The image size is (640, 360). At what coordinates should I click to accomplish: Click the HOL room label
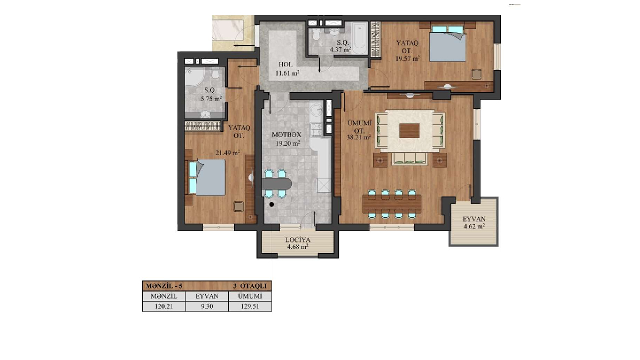pos(285,64)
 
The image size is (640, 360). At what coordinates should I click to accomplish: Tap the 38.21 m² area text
pos(359,137)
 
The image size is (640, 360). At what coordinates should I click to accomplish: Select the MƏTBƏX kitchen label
pos(286,134)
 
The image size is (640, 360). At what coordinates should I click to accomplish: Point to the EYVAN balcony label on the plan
pos(474,219)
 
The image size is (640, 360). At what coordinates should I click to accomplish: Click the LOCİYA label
pos(297,240)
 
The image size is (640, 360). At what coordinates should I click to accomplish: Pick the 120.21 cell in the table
pos(163,306)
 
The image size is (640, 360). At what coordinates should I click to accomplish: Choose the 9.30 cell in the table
pos(207,306)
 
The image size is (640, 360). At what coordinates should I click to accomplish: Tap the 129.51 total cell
pos(250,306)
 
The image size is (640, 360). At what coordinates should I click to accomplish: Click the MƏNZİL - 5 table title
pos(164,286)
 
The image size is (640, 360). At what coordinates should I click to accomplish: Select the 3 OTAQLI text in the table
pos(249,286)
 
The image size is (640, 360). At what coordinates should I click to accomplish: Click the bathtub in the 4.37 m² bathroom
pos(359,37)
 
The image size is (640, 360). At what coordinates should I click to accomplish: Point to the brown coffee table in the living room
pos(409,131)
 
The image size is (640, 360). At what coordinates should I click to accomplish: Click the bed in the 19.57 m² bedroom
pos(447,43)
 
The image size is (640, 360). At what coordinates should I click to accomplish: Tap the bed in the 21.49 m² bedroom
pos(207,177)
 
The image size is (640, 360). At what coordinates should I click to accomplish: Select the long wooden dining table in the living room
pos(392,203)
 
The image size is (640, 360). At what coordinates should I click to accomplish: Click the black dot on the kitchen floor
pos(271,204)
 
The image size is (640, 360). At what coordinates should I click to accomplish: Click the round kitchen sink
pos(316,109)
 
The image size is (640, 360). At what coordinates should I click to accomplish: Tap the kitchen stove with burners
pos(316,129)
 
